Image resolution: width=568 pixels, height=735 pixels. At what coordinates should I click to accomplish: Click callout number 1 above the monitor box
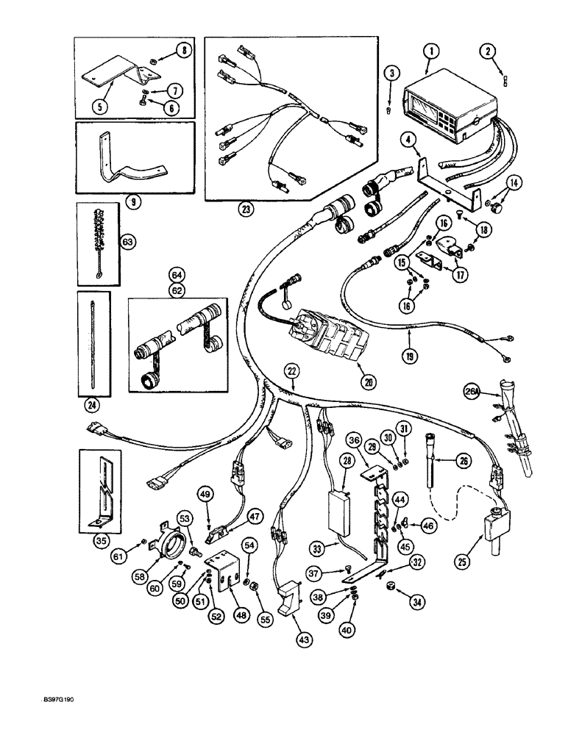430,51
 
